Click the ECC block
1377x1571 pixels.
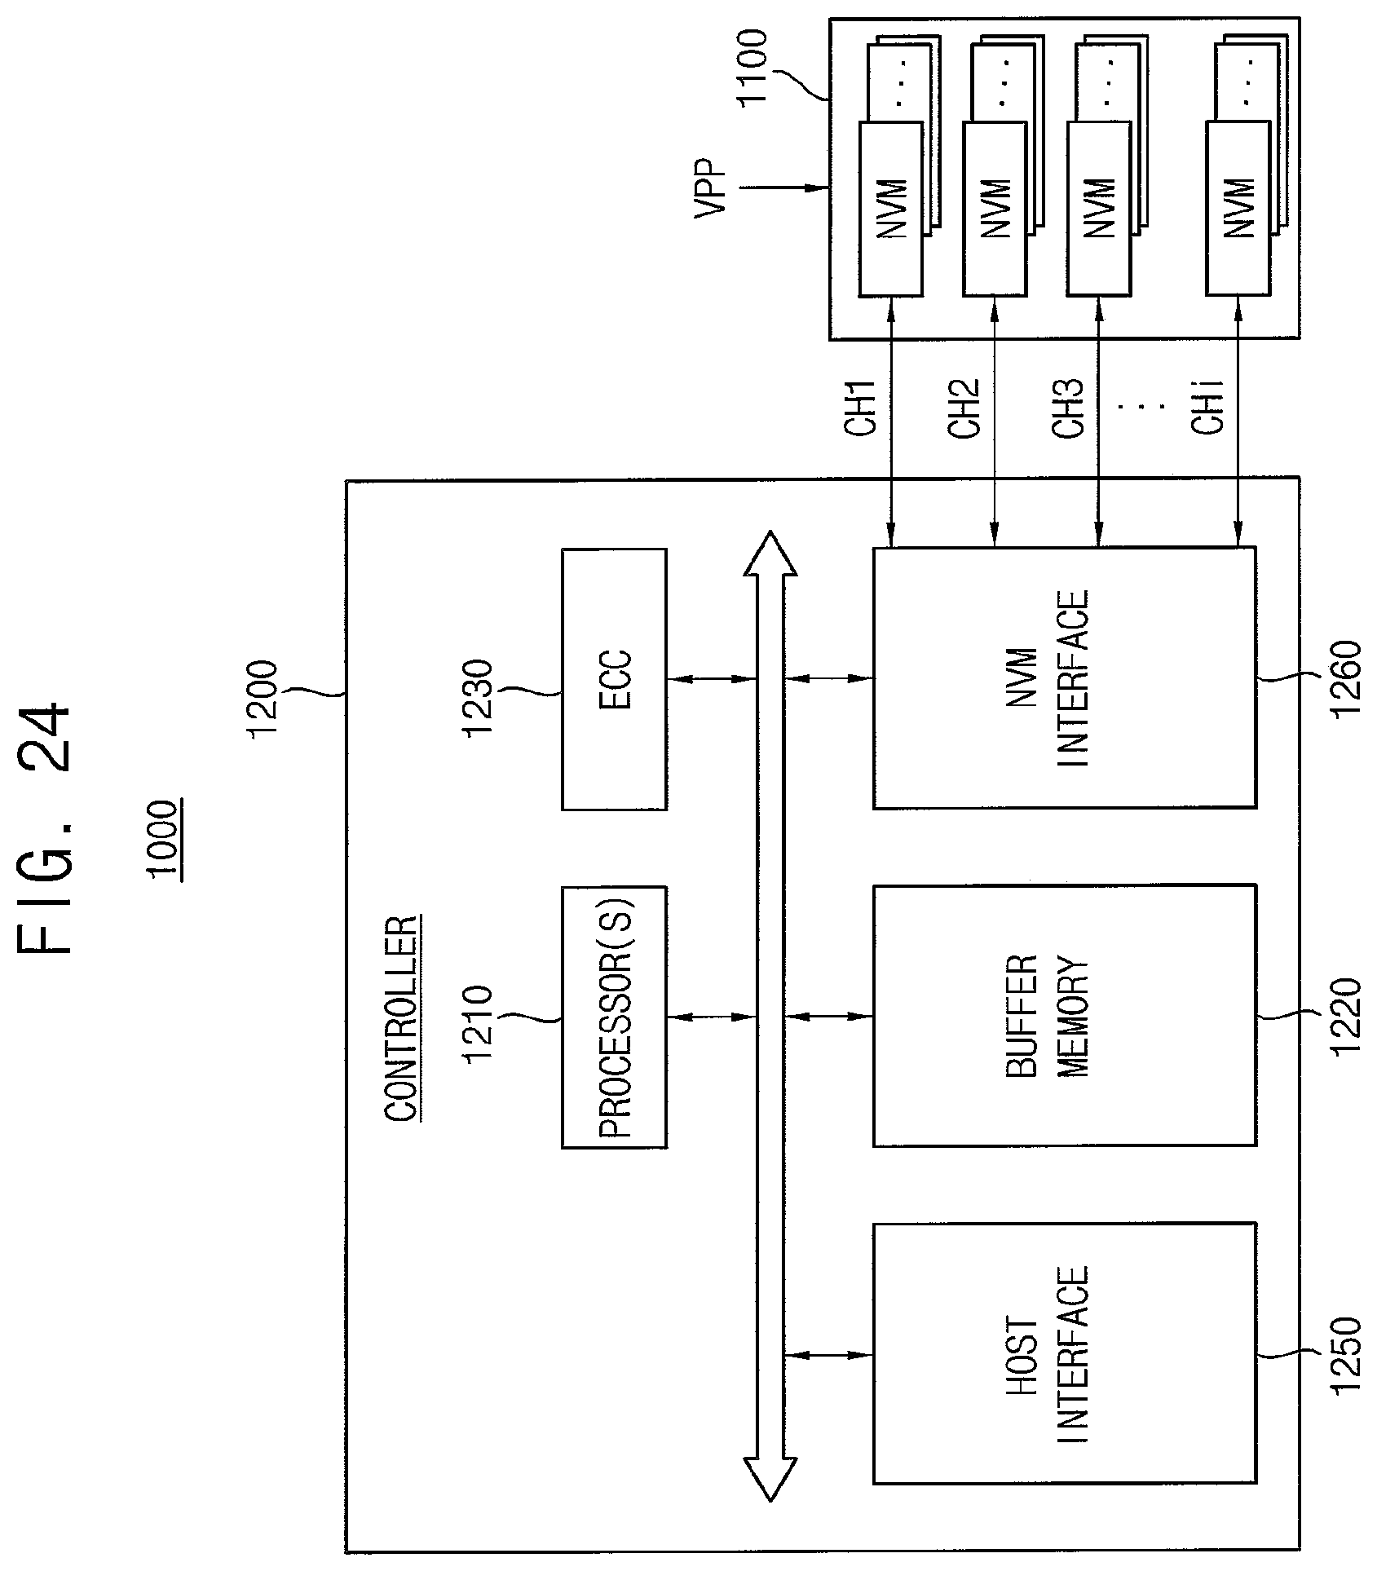[x=614, y=678]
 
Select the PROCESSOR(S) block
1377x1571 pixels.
[x=614, y=1017]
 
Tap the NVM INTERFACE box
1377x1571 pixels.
[x=1064, y=678]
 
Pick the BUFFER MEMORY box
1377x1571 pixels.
[x=1064, y=1017]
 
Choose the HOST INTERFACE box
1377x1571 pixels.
[x=1064, y=1355]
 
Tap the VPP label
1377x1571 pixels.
[x=710, y=188]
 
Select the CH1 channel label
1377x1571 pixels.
[x=860, y=407]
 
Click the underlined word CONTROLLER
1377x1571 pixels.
[x=402, y=1019]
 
